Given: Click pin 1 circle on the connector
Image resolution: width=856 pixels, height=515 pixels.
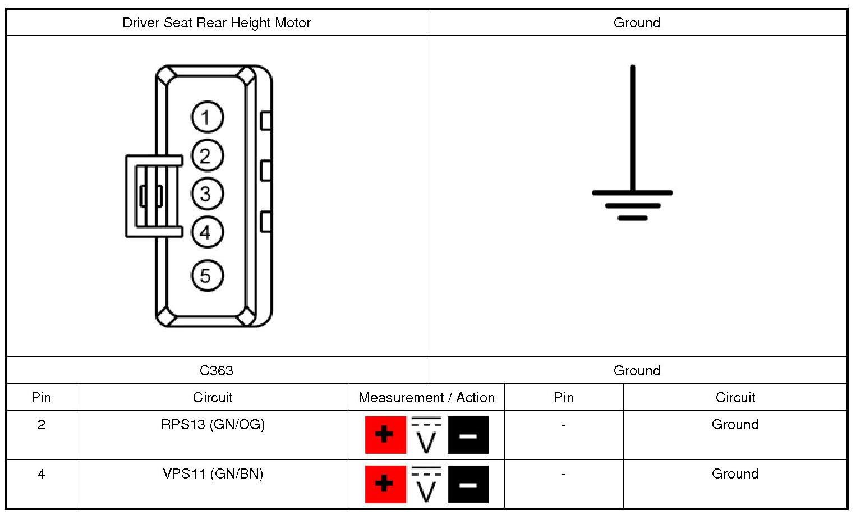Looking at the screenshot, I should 207,117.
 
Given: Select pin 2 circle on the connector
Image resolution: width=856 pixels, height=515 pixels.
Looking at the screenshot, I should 207,155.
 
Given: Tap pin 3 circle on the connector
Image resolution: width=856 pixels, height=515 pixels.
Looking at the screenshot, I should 207,194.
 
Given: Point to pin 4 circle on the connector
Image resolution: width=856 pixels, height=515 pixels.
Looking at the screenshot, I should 207,232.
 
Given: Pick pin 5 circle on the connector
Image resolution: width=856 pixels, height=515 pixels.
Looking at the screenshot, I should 207,275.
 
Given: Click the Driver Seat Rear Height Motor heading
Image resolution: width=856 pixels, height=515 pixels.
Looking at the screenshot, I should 217,23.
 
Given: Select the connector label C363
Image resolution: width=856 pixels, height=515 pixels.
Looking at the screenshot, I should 217,370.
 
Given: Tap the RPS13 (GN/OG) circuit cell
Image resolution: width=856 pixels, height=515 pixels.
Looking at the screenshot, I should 213,425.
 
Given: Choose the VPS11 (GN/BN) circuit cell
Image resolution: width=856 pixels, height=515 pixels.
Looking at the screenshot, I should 213,474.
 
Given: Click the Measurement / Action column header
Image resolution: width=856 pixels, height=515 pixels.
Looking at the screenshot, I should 426,398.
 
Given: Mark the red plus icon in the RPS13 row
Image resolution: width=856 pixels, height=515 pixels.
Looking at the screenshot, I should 385,435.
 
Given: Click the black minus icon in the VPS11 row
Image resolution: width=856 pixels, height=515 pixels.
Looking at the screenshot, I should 468,484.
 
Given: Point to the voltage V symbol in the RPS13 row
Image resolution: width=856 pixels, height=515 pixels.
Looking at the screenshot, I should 426,435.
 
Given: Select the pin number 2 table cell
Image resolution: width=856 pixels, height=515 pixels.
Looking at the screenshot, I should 42,425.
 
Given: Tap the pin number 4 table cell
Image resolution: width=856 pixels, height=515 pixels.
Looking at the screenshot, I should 42,474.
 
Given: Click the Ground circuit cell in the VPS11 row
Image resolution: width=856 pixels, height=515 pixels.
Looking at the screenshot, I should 735,474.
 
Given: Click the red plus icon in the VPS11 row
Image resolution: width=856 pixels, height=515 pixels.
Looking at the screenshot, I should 385,484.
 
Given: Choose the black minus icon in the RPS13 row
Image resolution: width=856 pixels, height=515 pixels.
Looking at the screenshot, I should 468,435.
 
